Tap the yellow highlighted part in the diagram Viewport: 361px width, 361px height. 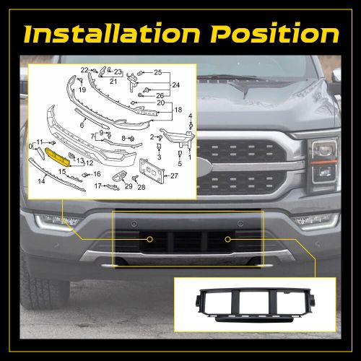[57, 157]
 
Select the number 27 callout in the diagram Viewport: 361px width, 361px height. [174, 176]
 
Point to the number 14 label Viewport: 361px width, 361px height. [41, 180]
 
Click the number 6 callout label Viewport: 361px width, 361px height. [82, 125]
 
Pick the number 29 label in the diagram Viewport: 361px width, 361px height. [129, 186]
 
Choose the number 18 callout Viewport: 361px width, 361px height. [178, 110]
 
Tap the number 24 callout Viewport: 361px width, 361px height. [176, 84]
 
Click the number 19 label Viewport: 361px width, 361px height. [82, 90]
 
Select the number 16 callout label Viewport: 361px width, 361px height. [97, 174]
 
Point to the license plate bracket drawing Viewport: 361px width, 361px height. [152, 168]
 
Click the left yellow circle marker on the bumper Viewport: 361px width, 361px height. [149, 239]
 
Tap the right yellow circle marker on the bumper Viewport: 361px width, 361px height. [227, 239]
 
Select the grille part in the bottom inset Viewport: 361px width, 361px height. [255, 305]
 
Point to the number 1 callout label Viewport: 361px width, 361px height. [190, 157]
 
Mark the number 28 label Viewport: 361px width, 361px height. [142, 187]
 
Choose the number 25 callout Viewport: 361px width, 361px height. [158, 72]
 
